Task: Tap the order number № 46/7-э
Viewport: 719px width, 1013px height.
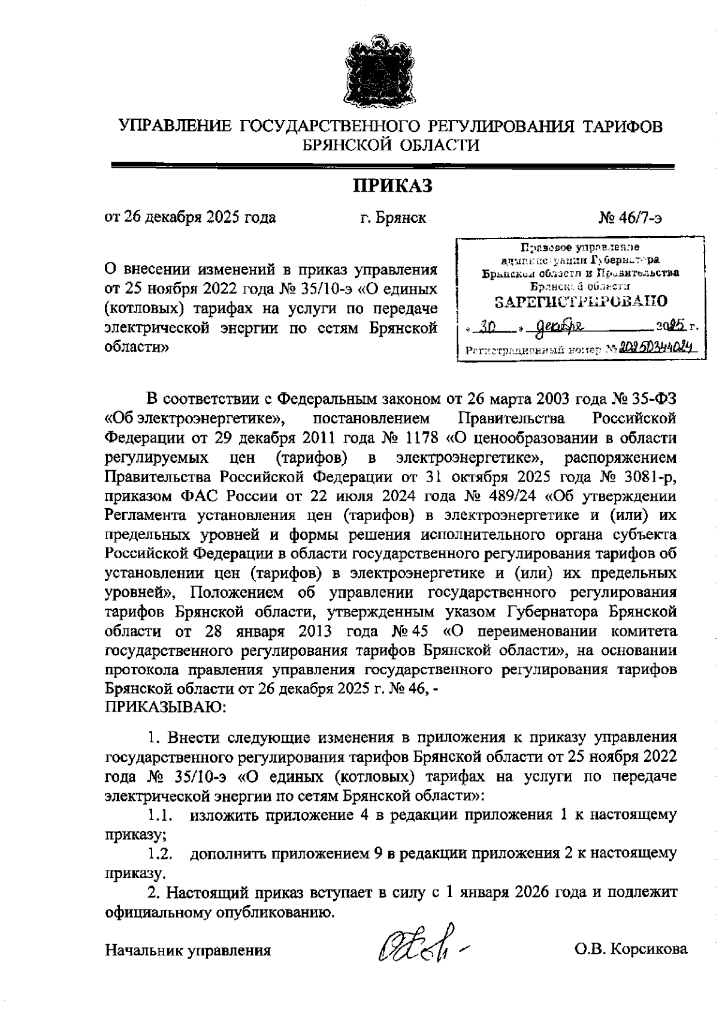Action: (630, 217)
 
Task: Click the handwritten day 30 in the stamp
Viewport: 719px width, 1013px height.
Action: (485, 327)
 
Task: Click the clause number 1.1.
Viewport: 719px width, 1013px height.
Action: (161, 815)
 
